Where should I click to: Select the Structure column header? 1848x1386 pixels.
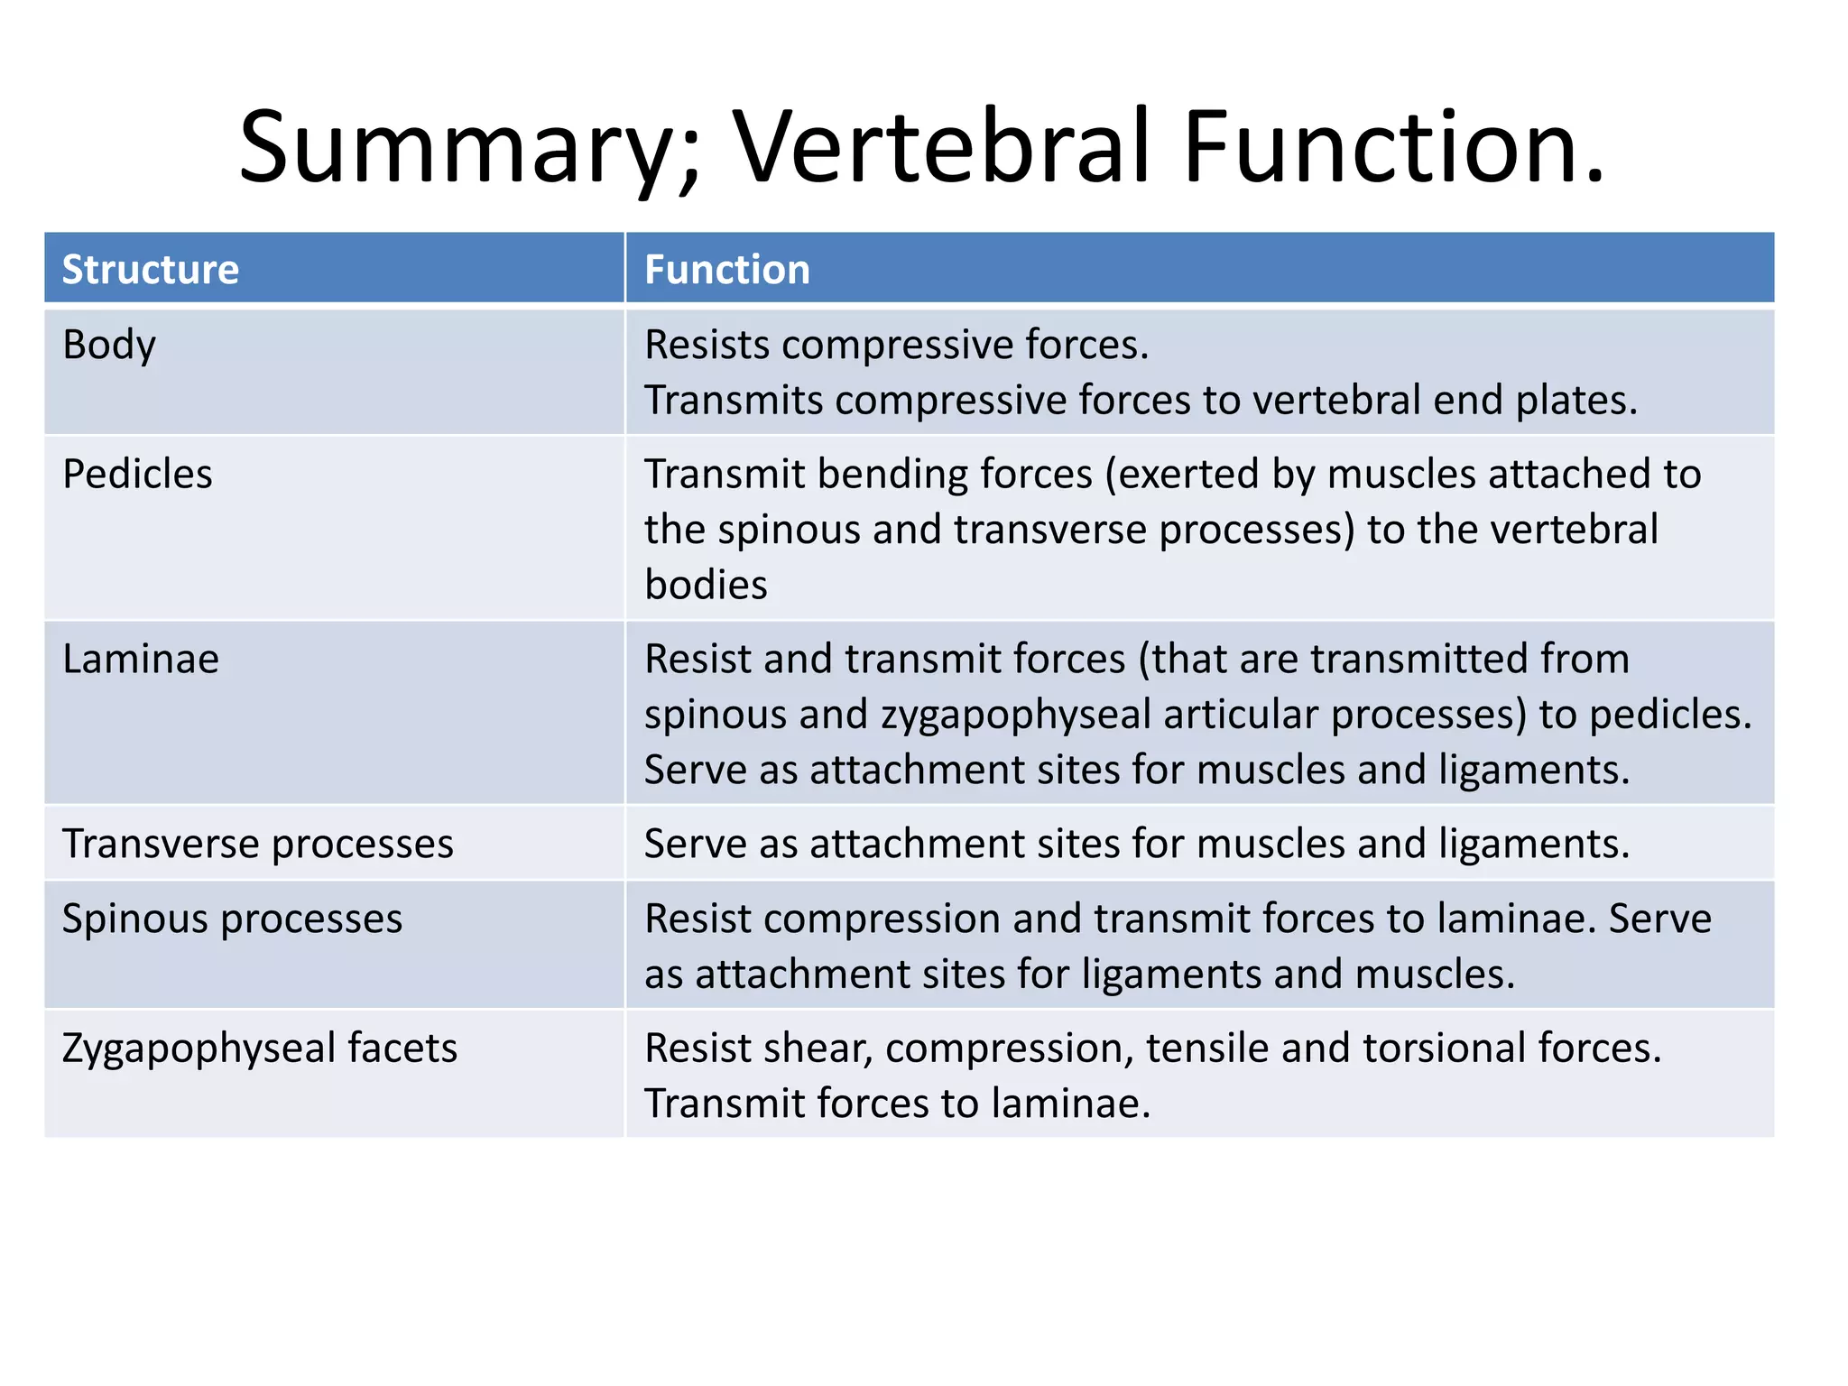[151, 270]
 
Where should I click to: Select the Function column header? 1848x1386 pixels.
[727, 270]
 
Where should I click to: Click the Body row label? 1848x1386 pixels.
[109, 346]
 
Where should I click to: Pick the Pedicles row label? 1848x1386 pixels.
[137, 475]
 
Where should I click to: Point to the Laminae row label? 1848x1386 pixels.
[141, 660]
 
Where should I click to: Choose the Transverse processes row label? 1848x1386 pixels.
[257, 845]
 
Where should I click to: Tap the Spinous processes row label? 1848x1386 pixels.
[232, 919]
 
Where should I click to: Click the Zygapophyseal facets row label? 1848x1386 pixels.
[260, 1049]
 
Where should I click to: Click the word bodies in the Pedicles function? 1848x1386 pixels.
[706, 586]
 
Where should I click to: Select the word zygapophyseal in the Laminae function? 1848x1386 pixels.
[1016, 716]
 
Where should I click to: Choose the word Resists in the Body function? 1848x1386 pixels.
[707, 346]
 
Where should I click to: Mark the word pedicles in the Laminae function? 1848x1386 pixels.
[1669, 716]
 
